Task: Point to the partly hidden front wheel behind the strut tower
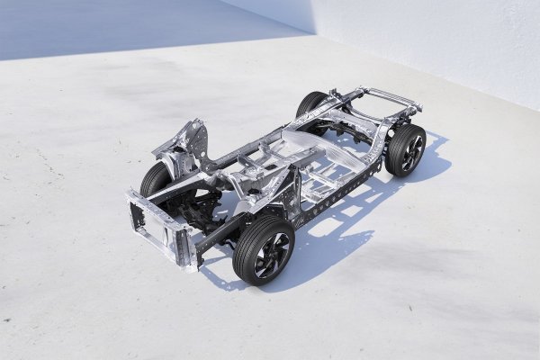[154, 179]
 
